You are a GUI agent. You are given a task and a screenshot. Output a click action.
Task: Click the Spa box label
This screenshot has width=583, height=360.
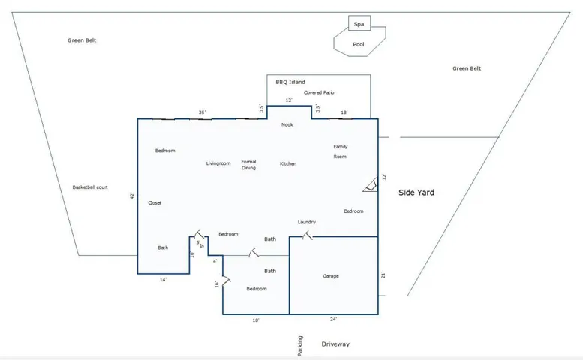[x=359, y=25]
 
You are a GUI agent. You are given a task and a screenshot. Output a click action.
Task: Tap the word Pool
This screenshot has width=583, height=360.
[x=359, y=44]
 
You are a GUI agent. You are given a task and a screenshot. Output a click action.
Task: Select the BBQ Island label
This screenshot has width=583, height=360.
[x=290, y=82]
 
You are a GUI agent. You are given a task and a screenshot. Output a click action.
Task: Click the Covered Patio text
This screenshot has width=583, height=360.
[x=319, y=92]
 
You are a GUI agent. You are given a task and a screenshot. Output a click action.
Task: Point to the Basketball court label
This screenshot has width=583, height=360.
[x=90, y=187]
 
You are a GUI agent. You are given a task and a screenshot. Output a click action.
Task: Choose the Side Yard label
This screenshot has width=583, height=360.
[x=416, y=193]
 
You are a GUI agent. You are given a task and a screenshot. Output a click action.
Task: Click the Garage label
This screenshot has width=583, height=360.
[x=331, y=276]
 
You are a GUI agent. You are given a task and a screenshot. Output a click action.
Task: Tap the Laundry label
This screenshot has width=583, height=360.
[x=306, y=222]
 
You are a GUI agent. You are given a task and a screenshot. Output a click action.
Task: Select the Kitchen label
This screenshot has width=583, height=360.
[x=288, y=163]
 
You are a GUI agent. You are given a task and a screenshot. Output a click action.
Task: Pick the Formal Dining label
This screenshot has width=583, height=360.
[x=248, y=164]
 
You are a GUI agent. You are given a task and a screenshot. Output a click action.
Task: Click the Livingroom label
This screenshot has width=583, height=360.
[x=218, y=163]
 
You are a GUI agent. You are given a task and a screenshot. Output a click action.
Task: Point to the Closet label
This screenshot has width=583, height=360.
[x=155, y=202]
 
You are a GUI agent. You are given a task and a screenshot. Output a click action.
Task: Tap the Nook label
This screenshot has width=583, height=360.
[x=287, y=124]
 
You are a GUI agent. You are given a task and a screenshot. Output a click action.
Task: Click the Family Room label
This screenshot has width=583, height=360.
[x=341, y=151]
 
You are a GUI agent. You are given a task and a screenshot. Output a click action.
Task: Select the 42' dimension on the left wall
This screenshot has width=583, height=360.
[x=131, y=196]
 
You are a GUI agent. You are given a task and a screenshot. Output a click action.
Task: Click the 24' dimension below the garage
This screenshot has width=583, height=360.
[x=333, y=319]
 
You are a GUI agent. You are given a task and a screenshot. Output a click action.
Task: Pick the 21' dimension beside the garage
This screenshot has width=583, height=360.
[x=383, y=275]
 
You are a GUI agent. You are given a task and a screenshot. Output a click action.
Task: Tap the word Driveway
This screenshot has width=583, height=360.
[x=335, y=344]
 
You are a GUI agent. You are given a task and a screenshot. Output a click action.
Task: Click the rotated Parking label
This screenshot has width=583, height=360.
[x=300, y=346]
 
